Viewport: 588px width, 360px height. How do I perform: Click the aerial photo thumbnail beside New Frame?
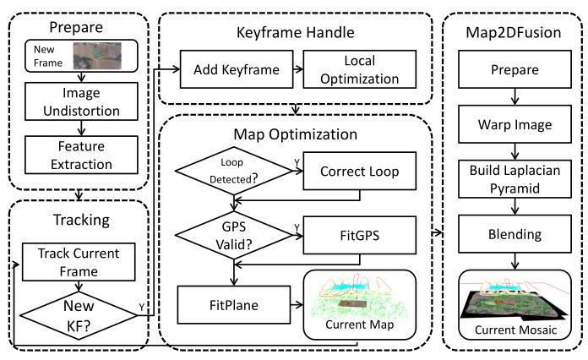click(x=98, y=57)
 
